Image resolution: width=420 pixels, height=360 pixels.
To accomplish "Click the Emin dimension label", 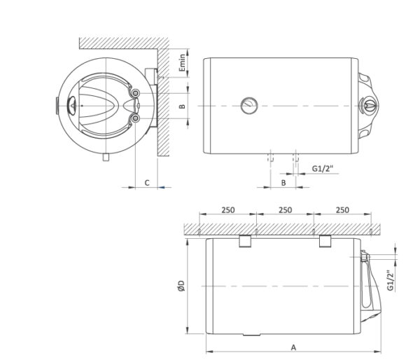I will (x=182, y=64).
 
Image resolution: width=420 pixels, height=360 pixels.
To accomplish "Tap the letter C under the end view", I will (x=146, y=182).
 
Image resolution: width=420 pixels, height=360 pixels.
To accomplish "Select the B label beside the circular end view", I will (x=181, y=106).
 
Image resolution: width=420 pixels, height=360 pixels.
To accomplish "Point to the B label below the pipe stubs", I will (x=282, y=182).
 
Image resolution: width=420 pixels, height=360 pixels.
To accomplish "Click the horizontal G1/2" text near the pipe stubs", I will (x=323, y=168).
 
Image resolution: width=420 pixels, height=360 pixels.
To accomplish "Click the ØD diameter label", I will (x=181, y=286).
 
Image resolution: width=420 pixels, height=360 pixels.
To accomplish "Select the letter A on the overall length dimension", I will (x=293, y=346).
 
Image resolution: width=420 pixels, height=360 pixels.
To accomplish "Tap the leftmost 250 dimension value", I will (x=227, y=210).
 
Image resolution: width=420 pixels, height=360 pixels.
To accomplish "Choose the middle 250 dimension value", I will (x=285, y=210).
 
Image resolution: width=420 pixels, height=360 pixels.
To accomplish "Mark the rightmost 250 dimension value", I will (x=342, y=210).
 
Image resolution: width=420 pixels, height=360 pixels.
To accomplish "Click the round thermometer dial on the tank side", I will (x=248, y=106).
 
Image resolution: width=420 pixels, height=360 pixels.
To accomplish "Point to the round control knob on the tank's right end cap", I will (x=369, y=106).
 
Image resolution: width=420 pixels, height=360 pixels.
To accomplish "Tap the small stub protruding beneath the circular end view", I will (x=105, y=158).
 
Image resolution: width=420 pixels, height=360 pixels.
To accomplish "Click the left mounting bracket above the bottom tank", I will (x=245, y=242).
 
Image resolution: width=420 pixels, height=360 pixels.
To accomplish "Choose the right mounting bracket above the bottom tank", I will (x=325, y=242).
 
